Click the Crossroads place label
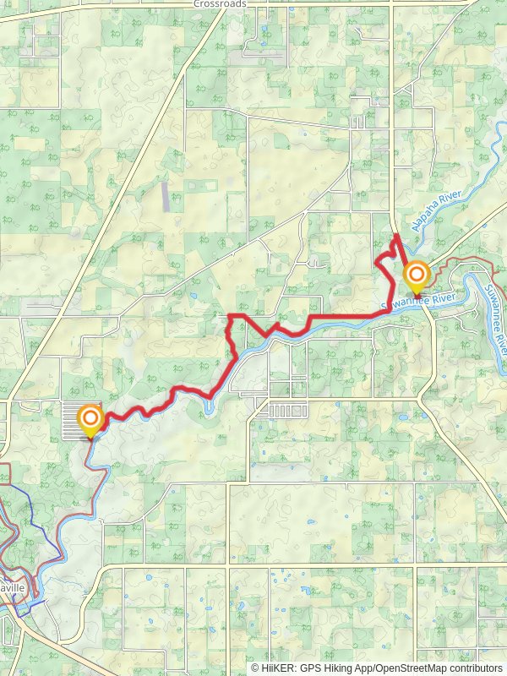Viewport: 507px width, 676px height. pyautogui.click(x=219, y=4)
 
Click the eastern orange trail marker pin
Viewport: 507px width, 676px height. pyautogui.click(x=416, y=277)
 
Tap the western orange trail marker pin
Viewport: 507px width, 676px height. pyautogui.click(x=90, y=420)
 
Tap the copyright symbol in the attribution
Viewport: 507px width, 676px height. pyautogui.click(x=255, y=668)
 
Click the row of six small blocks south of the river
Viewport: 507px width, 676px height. pyautogui.click(x=282, y=412)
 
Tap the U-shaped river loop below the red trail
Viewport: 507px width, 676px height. pyautogui.click(x=209, y=406)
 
